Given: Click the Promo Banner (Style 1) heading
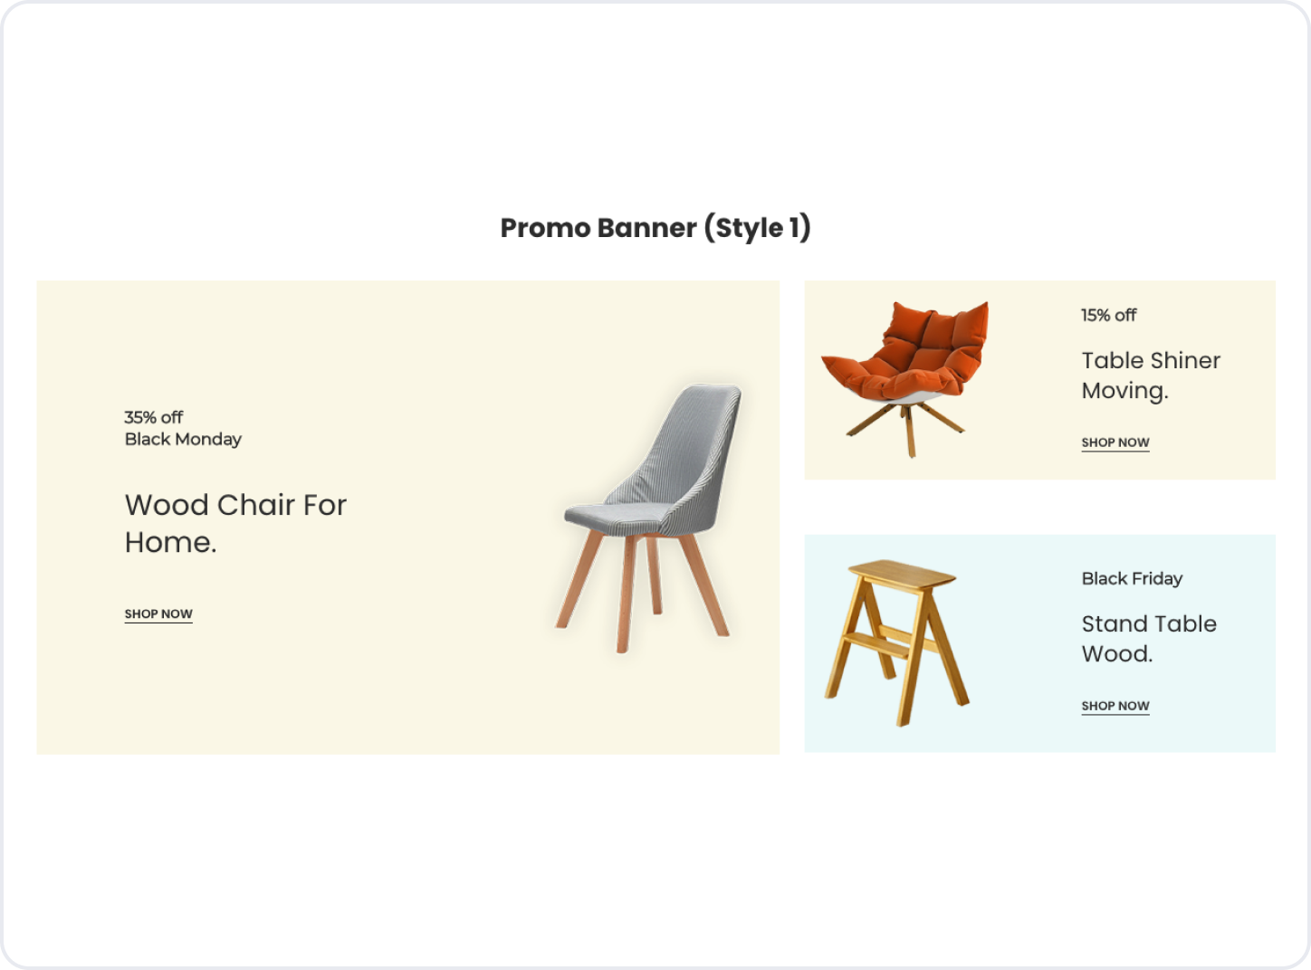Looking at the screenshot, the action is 655,228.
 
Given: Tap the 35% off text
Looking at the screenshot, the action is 154,417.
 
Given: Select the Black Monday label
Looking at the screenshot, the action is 183,440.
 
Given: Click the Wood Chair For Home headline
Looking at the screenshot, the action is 235,523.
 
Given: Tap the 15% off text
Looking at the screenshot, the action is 1109,316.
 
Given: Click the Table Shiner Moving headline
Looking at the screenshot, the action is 1151,376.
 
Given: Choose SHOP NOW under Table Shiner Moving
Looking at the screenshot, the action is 1115,442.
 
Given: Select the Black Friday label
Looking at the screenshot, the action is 1132,579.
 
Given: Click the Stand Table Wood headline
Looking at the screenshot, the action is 1149,639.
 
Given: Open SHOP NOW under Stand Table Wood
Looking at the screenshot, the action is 1115,706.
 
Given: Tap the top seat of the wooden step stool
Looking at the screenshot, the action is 902,573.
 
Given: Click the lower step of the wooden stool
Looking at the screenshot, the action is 877,646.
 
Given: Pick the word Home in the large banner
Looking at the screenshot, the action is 171,542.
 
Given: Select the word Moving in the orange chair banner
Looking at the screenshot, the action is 1125,391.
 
